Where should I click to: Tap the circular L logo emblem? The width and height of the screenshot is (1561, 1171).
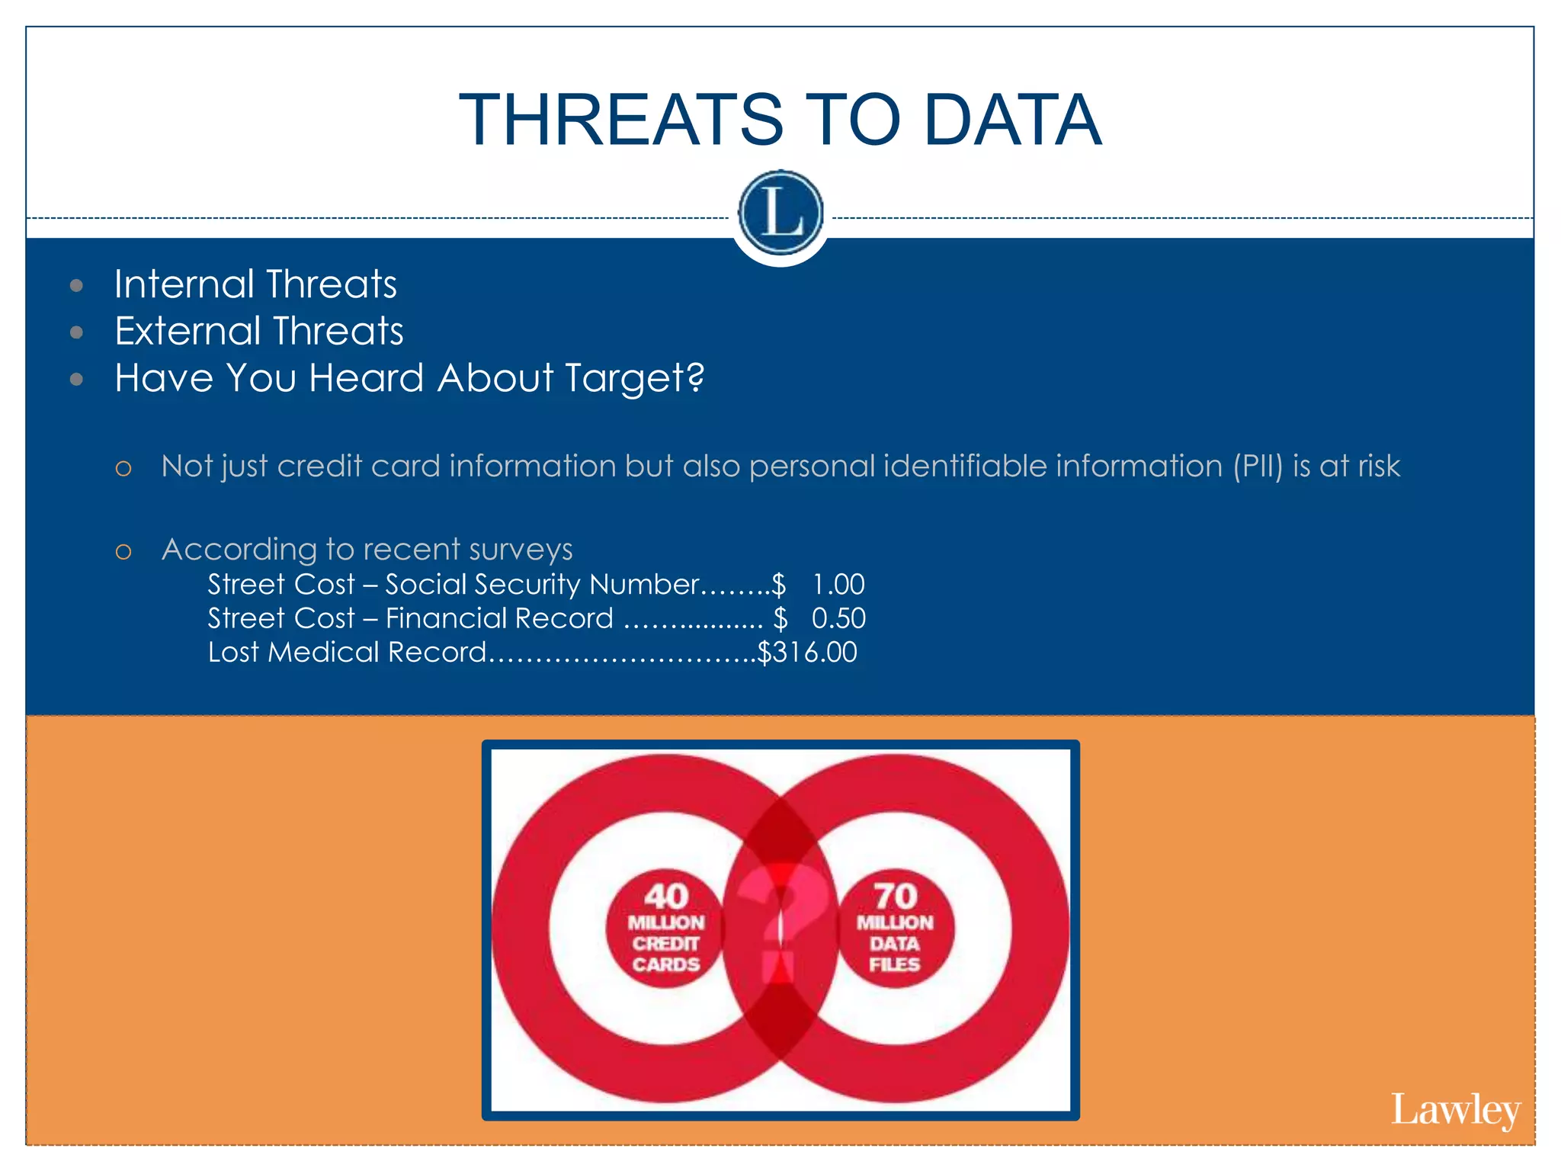(780, 213)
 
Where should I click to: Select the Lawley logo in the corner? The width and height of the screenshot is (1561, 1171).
(1455, 1110)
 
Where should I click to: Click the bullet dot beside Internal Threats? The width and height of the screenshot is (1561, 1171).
(76, 286)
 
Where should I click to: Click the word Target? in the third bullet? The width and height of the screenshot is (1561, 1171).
(634, 378)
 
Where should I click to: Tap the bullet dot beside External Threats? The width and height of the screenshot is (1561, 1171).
(76, 332)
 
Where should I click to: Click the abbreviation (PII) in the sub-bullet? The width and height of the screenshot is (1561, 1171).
(1258, 466)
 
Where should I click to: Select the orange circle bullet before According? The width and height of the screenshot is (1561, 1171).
(123, 551)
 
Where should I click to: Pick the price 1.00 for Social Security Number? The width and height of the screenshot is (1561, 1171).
(838, 585)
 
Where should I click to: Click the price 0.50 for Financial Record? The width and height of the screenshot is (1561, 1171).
(838, 618)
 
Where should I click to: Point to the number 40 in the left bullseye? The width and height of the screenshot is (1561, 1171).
(665, 896)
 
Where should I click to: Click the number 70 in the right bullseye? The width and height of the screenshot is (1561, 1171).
(895, 896)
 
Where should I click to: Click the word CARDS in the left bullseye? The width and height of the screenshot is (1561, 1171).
(665, 965)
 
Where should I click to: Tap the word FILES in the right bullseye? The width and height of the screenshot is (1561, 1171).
(895, 965)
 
